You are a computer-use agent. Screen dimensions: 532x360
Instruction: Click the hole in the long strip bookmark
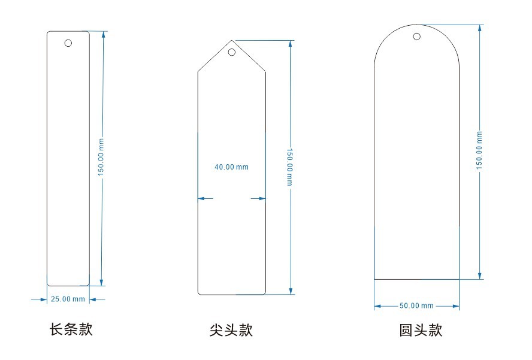[68, 43]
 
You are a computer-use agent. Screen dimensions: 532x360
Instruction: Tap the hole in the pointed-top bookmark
[232, 52]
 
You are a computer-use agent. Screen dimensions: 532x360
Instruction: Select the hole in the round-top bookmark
[417, 37]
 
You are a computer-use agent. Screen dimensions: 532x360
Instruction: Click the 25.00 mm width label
[68, 298]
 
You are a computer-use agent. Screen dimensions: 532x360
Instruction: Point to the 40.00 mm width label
[231, 167]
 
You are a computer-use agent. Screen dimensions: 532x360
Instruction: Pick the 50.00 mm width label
[416, 306]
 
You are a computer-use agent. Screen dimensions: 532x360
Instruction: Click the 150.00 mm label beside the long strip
[101, 158]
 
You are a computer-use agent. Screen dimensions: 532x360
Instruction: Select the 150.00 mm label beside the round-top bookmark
[479, 149]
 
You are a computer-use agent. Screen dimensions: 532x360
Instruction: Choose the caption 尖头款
[231, 330]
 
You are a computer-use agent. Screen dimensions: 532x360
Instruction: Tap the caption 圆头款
[421, 330]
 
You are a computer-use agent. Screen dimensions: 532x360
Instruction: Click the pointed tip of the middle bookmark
[232, 41]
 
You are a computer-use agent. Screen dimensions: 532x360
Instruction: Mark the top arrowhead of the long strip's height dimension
[103, 34]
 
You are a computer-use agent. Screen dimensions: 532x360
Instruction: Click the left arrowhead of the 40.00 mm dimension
[202, 198]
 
